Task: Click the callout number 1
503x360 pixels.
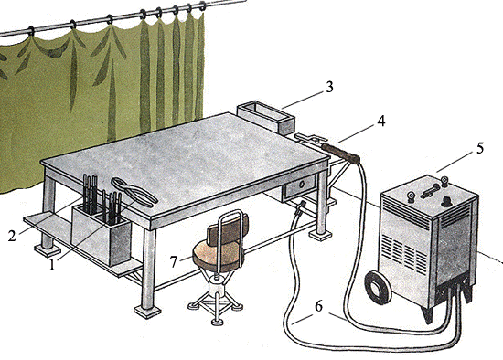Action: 52,265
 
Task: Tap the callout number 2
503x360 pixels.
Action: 12,237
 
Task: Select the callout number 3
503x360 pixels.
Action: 329,87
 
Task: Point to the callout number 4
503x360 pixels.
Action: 380,121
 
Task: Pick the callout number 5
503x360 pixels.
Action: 480,148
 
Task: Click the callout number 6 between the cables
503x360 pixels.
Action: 318,306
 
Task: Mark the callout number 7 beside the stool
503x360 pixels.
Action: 174,261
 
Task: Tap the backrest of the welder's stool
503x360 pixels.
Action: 228,228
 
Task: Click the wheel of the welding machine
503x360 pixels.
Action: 378,287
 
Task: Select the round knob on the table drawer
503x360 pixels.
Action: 301,185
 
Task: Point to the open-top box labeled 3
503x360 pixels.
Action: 265,117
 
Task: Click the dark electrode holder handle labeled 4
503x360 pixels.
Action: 341,154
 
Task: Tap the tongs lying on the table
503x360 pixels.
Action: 134,192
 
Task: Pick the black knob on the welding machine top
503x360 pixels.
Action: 447,202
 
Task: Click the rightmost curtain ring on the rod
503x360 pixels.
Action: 202,5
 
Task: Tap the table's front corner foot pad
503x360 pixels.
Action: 147,312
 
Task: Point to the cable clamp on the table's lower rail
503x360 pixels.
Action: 300,207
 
